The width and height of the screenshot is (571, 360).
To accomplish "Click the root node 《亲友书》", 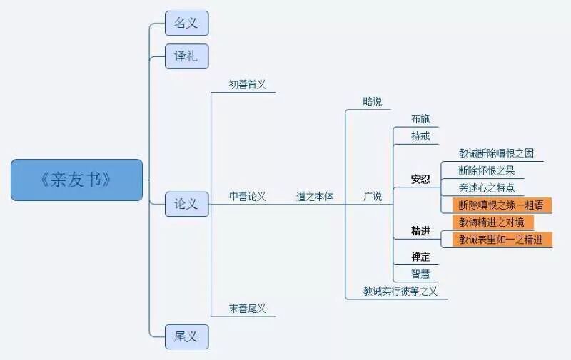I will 77,180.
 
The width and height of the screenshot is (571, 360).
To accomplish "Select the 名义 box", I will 186,23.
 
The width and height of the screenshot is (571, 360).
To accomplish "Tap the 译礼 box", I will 186,56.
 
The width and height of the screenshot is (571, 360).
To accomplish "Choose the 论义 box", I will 186,204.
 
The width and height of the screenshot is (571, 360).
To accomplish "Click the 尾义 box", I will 186,336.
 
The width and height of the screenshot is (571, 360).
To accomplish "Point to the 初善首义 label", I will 248,84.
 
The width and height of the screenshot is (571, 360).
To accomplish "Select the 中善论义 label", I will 248,196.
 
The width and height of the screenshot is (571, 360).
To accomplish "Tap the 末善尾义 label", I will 248,308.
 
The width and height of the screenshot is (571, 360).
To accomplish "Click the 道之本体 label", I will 315,196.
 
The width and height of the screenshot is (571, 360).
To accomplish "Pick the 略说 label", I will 373,101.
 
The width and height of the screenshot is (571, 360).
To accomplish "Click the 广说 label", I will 373,196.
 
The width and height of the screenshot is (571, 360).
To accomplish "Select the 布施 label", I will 420,118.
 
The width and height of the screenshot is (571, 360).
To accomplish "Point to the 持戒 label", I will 420,135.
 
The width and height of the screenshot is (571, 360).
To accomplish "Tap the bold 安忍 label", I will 421,179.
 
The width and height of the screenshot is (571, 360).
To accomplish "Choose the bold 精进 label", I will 421,230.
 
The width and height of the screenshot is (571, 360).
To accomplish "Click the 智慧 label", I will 420,273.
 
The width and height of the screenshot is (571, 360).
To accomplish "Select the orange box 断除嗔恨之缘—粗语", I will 501,205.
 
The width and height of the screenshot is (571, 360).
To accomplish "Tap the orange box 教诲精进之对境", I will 492,222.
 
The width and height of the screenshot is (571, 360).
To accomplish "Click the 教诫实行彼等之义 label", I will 400,291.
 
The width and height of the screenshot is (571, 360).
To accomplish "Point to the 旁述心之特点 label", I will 487,188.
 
